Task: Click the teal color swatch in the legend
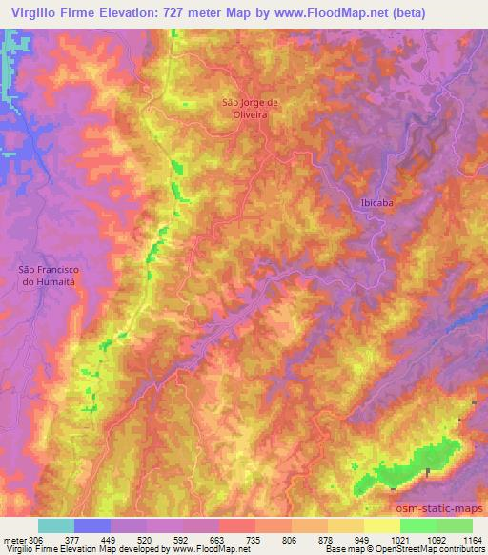tap(56, 525)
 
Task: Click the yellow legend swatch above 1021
tap(382, 525)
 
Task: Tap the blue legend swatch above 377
tap(92, 525)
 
